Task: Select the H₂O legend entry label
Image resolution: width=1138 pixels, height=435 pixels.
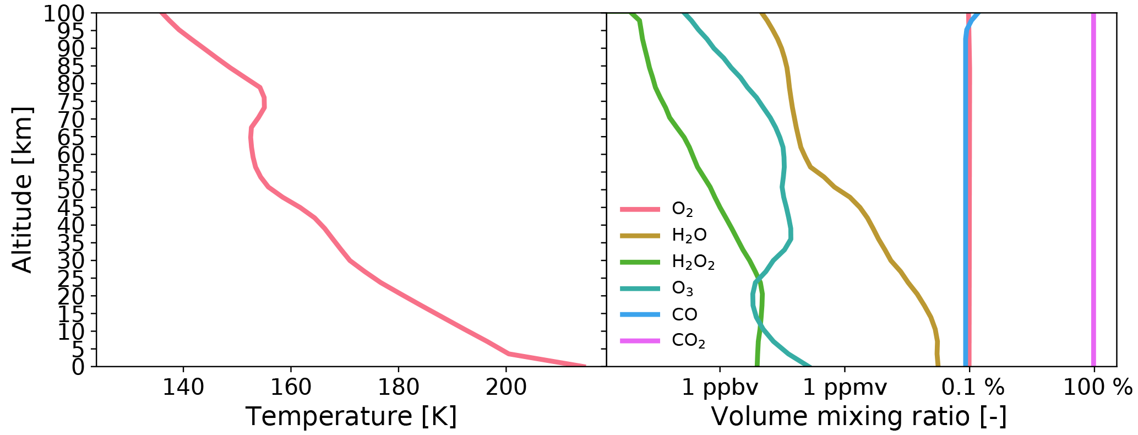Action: pyautogui.click(x=689, y=236)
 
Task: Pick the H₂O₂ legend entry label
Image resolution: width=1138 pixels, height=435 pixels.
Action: pyautogui.click(x=693, y=262)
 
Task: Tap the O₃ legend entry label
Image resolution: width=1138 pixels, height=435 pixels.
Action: pyautogui.click(x=682, y=289)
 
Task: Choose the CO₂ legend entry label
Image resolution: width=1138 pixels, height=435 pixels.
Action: pyautogui.click(x=688, y=341)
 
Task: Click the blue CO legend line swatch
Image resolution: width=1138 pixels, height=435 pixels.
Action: pyautogui.click(x=640, y=314)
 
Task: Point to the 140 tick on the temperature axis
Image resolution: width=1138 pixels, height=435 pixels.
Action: pyautogui.click(x=183, y=388)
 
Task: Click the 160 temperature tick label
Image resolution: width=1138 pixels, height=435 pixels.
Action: pyautogui.click(x=291, y=388)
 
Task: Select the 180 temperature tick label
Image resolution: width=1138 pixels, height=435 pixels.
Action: pyautogui.click(x=398, y=388)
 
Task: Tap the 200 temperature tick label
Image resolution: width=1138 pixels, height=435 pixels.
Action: pyautogui.click(x=506, y=388)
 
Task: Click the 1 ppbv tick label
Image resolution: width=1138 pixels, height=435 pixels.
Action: pyautogui.click(x=720, y=388)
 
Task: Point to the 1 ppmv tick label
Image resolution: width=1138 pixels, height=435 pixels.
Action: pyautogui.click(x=845, y=388)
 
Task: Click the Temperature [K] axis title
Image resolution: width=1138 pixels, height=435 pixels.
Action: pyautogui.click(x=351, y=416)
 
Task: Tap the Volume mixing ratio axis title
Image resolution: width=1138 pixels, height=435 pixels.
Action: pyautogui.click(x=859, y=416)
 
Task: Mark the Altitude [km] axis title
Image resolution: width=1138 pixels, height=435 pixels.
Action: pyautogui.click(x=22, y=189)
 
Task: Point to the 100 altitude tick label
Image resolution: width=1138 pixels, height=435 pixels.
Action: pyautogui.click(x=64, y=13)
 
